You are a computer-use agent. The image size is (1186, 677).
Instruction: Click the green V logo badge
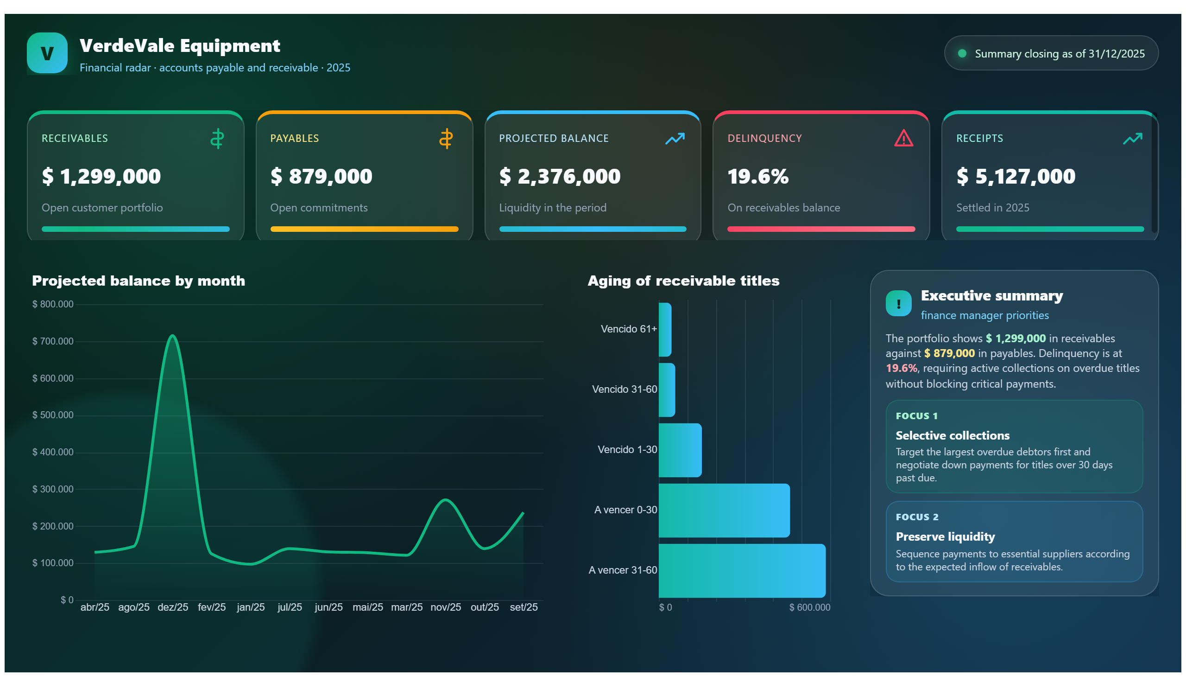coord(47,53)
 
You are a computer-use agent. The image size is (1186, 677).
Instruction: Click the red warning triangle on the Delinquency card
coord(903,138)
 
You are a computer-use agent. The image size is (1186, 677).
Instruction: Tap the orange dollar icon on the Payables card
coord(446,139)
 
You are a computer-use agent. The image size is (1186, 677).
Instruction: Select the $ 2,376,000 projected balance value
coord(559,177)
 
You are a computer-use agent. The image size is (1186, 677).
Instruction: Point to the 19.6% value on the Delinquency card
coord(757,177)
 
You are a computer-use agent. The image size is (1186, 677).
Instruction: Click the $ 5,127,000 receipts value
coord(1016,177)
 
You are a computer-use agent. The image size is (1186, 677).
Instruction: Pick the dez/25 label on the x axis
coord(173,607)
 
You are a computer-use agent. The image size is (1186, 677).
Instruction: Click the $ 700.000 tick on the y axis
coord(52,341)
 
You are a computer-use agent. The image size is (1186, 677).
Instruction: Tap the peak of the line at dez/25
coord(172,335)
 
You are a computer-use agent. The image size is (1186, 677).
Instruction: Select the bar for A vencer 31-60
coord(742,570)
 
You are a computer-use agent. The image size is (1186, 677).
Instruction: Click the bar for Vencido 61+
coord(665,330)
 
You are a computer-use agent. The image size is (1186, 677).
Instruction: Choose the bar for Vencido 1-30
coord(680,450)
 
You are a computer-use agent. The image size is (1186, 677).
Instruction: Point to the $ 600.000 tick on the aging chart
coord(809,607)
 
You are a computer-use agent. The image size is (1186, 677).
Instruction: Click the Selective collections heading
coord(953,436)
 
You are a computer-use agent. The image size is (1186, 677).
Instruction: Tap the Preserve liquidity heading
coord(945,537)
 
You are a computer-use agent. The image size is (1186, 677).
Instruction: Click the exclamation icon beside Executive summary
coord(898,304)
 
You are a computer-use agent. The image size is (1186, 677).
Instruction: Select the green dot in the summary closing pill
coord(962,53)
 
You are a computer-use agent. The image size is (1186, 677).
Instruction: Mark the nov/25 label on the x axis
coord(446,607)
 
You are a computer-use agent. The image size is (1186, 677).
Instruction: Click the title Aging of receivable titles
coord(683,281)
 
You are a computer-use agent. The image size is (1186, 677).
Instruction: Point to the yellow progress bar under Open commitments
coord(364,229)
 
